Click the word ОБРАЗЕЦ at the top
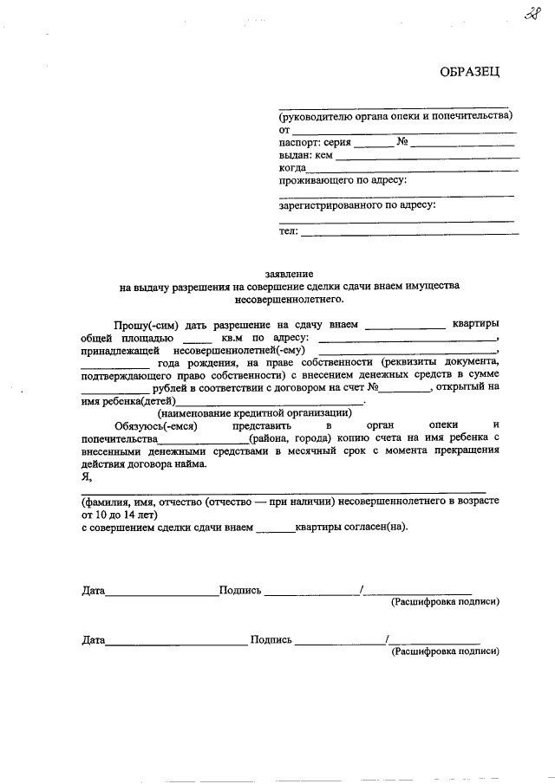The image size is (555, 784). (470, 70)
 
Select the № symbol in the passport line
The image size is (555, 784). (402, 141)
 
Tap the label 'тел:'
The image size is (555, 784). (288, 230)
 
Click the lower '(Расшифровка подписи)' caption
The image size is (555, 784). (445, 650)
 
